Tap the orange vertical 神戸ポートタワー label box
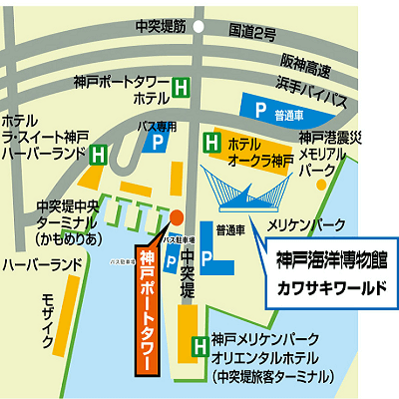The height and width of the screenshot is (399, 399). [147, 310]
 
